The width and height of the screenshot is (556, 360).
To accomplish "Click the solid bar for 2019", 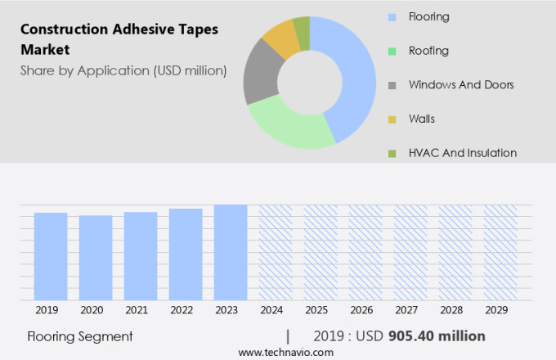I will tap(51, 256).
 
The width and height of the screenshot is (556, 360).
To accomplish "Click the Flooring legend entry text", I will tap(428, 17).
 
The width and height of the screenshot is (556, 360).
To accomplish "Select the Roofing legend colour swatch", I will tap(392, 52).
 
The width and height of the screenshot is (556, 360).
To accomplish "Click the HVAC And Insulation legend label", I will tap(462, 153).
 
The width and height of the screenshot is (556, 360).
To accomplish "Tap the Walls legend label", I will tap(421, 119).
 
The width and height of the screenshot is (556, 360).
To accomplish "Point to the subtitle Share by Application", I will tap(123, 70).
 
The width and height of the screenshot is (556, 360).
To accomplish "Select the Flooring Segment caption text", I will tap(79, 336).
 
